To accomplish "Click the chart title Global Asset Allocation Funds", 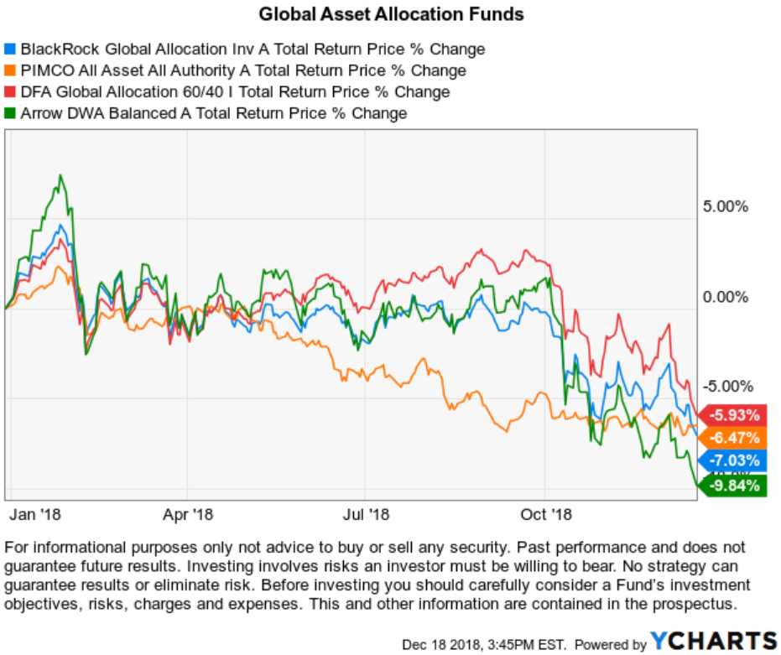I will pos(391,14).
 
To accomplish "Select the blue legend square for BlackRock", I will pos(10,49).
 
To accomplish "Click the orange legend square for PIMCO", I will pos(10,70).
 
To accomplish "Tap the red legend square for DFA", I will pos(10,92).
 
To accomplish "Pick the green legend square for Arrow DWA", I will pos(10,113).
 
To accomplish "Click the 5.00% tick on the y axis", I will pos(725,207).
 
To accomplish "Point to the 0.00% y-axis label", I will pos(725,297).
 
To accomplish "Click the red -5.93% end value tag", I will pos(734,415).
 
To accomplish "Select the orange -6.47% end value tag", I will pos(734,438).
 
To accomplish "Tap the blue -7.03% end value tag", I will pos(734,460).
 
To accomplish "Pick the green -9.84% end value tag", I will pos(734,485).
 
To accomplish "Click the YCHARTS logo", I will pos(713,642).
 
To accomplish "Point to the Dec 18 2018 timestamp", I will pos(483,644).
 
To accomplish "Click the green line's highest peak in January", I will pos(60,176).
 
